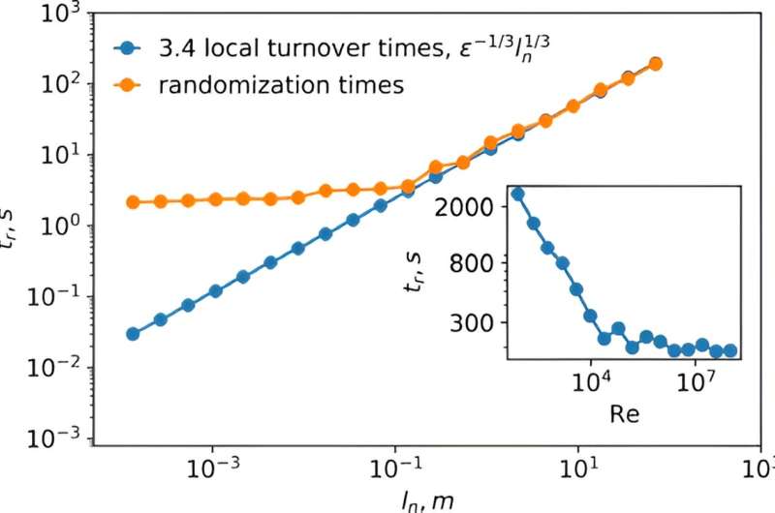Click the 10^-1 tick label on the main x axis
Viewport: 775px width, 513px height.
point(395,465)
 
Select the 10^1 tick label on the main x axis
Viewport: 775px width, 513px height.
point(578,465)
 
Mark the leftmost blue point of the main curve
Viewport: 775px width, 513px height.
point(133,334)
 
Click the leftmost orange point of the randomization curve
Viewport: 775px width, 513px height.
point(133,202)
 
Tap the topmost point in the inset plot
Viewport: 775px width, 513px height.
point(517,194)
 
